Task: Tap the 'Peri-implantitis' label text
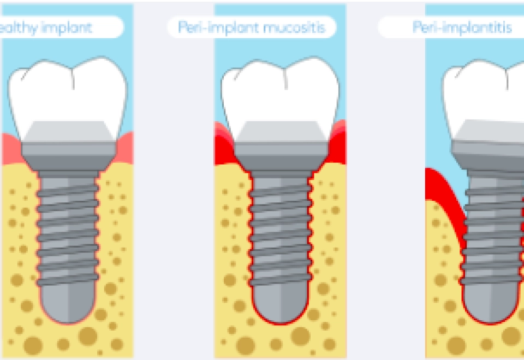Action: (x=462, y=27)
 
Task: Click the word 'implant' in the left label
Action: (x=69, y=27)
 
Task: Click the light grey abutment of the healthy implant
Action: (x=68, y=131)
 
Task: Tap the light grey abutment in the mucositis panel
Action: (x=280, y=131)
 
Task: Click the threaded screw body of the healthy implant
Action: (x=68, y=229)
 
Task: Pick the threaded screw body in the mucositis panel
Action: (x=280, y=229)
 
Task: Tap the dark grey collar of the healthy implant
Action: (x=68, y=155)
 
